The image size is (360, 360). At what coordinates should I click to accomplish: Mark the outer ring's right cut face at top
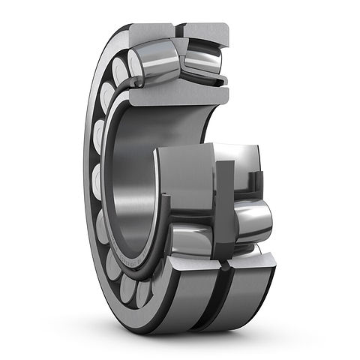(206, 34)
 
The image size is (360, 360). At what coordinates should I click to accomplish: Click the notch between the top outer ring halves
(179, 31)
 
